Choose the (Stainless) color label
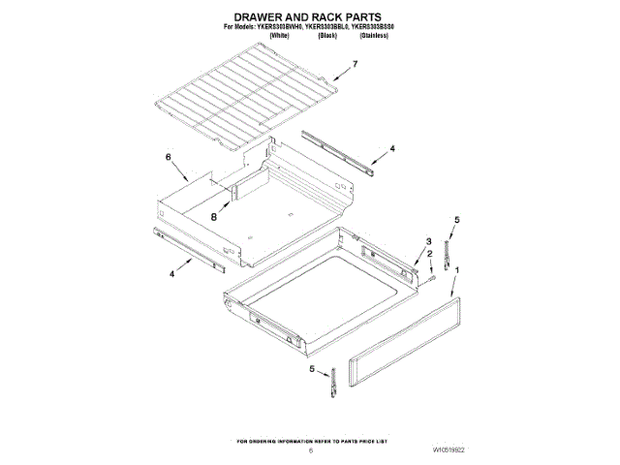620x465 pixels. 373,37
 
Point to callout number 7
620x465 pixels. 356,65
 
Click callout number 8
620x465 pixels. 214,217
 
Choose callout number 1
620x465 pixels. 458,270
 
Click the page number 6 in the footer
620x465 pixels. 310,449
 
